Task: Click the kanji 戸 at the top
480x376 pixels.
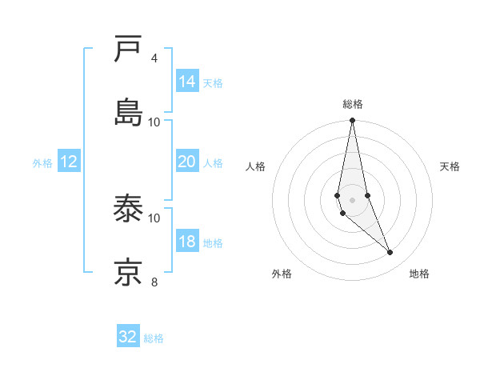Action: click(129, 50)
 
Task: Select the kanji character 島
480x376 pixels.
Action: click(129, 113)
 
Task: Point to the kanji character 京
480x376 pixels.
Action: click(129, 273)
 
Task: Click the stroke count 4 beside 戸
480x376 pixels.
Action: click(154, 58)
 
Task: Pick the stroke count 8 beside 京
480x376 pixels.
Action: click(154, 282)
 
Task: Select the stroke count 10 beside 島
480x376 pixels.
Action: click(154, 122)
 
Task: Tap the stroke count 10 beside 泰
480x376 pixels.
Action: click(154, 218)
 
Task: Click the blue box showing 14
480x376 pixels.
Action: click(187, 82)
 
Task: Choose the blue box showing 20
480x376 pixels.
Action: click(187, 162)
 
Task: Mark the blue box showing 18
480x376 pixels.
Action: click(187, 242)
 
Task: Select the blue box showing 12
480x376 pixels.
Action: click(69, 162)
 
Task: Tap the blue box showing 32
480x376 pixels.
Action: click(128, 337)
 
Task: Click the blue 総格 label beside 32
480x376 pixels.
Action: click(154, 338)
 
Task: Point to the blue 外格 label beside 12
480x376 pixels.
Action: click(42, 163)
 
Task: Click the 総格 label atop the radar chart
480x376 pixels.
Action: click(353, 104)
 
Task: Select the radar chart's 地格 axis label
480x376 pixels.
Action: click(419, 274)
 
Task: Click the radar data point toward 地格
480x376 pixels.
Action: click(390, 253)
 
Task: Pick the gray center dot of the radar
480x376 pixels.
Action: click(353, 200)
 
